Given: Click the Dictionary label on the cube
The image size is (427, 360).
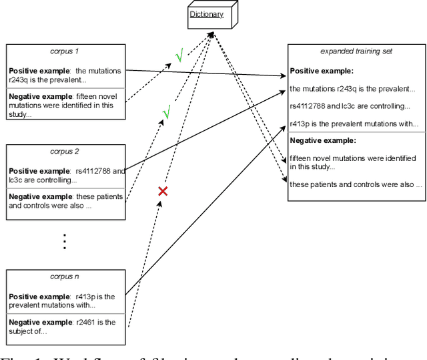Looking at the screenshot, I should (x=205, y=13).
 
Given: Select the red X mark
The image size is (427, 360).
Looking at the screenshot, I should (x=162, y=192).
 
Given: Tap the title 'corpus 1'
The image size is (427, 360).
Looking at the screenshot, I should (x=64, y=51).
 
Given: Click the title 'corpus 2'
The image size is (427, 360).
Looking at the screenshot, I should (x=64, y=152).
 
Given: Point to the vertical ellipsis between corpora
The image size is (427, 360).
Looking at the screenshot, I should (x=64, y=240).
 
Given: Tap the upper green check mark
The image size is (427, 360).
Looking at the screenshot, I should (x=179, y=57).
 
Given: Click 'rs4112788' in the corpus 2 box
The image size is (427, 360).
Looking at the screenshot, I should (x=93, y=171).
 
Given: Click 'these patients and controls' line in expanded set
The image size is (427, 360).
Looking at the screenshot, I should (x=355, y=184).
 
